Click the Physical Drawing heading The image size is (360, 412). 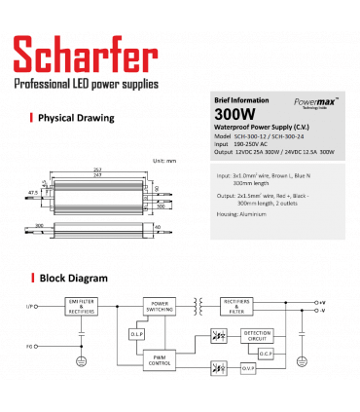(x=75, y=118)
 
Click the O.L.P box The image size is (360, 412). (x=136, y=334)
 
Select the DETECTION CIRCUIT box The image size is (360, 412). (x=257, y=337)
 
